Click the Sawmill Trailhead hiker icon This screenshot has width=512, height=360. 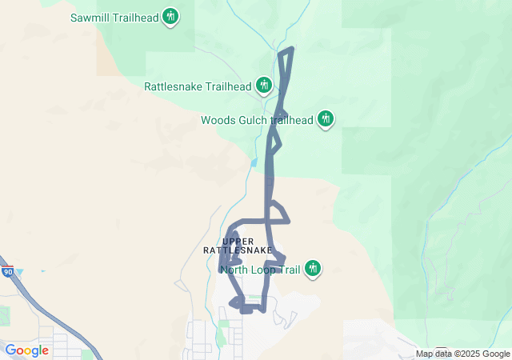[x=170, y=16]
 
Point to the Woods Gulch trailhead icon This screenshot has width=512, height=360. [x=325, y=119]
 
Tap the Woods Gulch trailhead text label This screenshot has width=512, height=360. [x=256, y=120]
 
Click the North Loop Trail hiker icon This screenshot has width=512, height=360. [x=314, y=269]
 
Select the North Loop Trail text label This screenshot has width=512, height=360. [x=260, y=270]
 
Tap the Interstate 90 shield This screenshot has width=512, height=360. [x=7, y=272]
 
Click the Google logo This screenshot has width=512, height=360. [x=26, y=350]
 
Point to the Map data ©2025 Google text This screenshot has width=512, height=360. [x=462, y=354]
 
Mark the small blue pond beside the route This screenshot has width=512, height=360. [x=254, y=162]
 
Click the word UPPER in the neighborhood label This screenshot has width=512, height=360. [x=238, y=241]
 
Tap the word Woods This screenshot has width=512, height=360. [x=217, y=120]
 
